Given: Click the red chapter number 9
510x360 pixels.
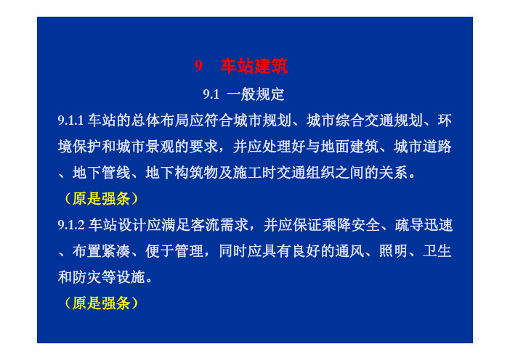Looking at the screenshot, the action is pos(198,66).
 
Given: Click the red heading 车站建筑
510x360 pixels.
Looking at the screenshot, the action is pos(254,66).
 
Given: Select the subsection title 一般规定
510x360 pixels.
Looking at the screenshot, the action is pos(256,94).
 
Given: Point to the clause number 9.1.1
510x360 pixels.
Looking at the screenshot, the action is pos(71,120).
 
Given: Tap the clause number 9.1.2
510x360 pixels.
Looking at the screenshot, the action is pos(71,225).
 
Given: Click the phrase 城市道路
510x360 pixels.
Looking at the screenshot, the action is pos(423,147).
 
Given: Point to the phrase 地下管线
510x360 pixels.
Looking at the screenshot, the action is pos(102,173).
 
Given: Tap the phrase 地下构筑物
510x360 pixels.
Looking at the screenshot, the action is pos(182,173).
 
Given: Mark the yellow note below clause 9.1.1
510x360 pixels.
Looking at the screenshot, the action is pos(101,199).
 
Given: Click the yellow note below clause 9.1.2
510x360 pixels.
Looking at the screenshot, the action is pos(101,303).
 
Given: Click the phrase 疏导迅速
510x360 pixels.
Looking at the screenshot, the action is pos(424,225).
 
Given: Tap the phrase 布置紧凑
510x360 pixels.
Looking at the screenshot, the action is pos(102,251).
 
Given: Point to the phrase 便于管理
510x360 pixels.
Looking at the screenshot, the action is pos(174,251).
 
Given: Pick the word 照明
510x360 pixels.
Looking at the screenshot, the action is pos(393,251).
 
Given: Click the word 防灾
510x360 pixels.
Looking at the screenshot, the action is pos(87,277).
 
